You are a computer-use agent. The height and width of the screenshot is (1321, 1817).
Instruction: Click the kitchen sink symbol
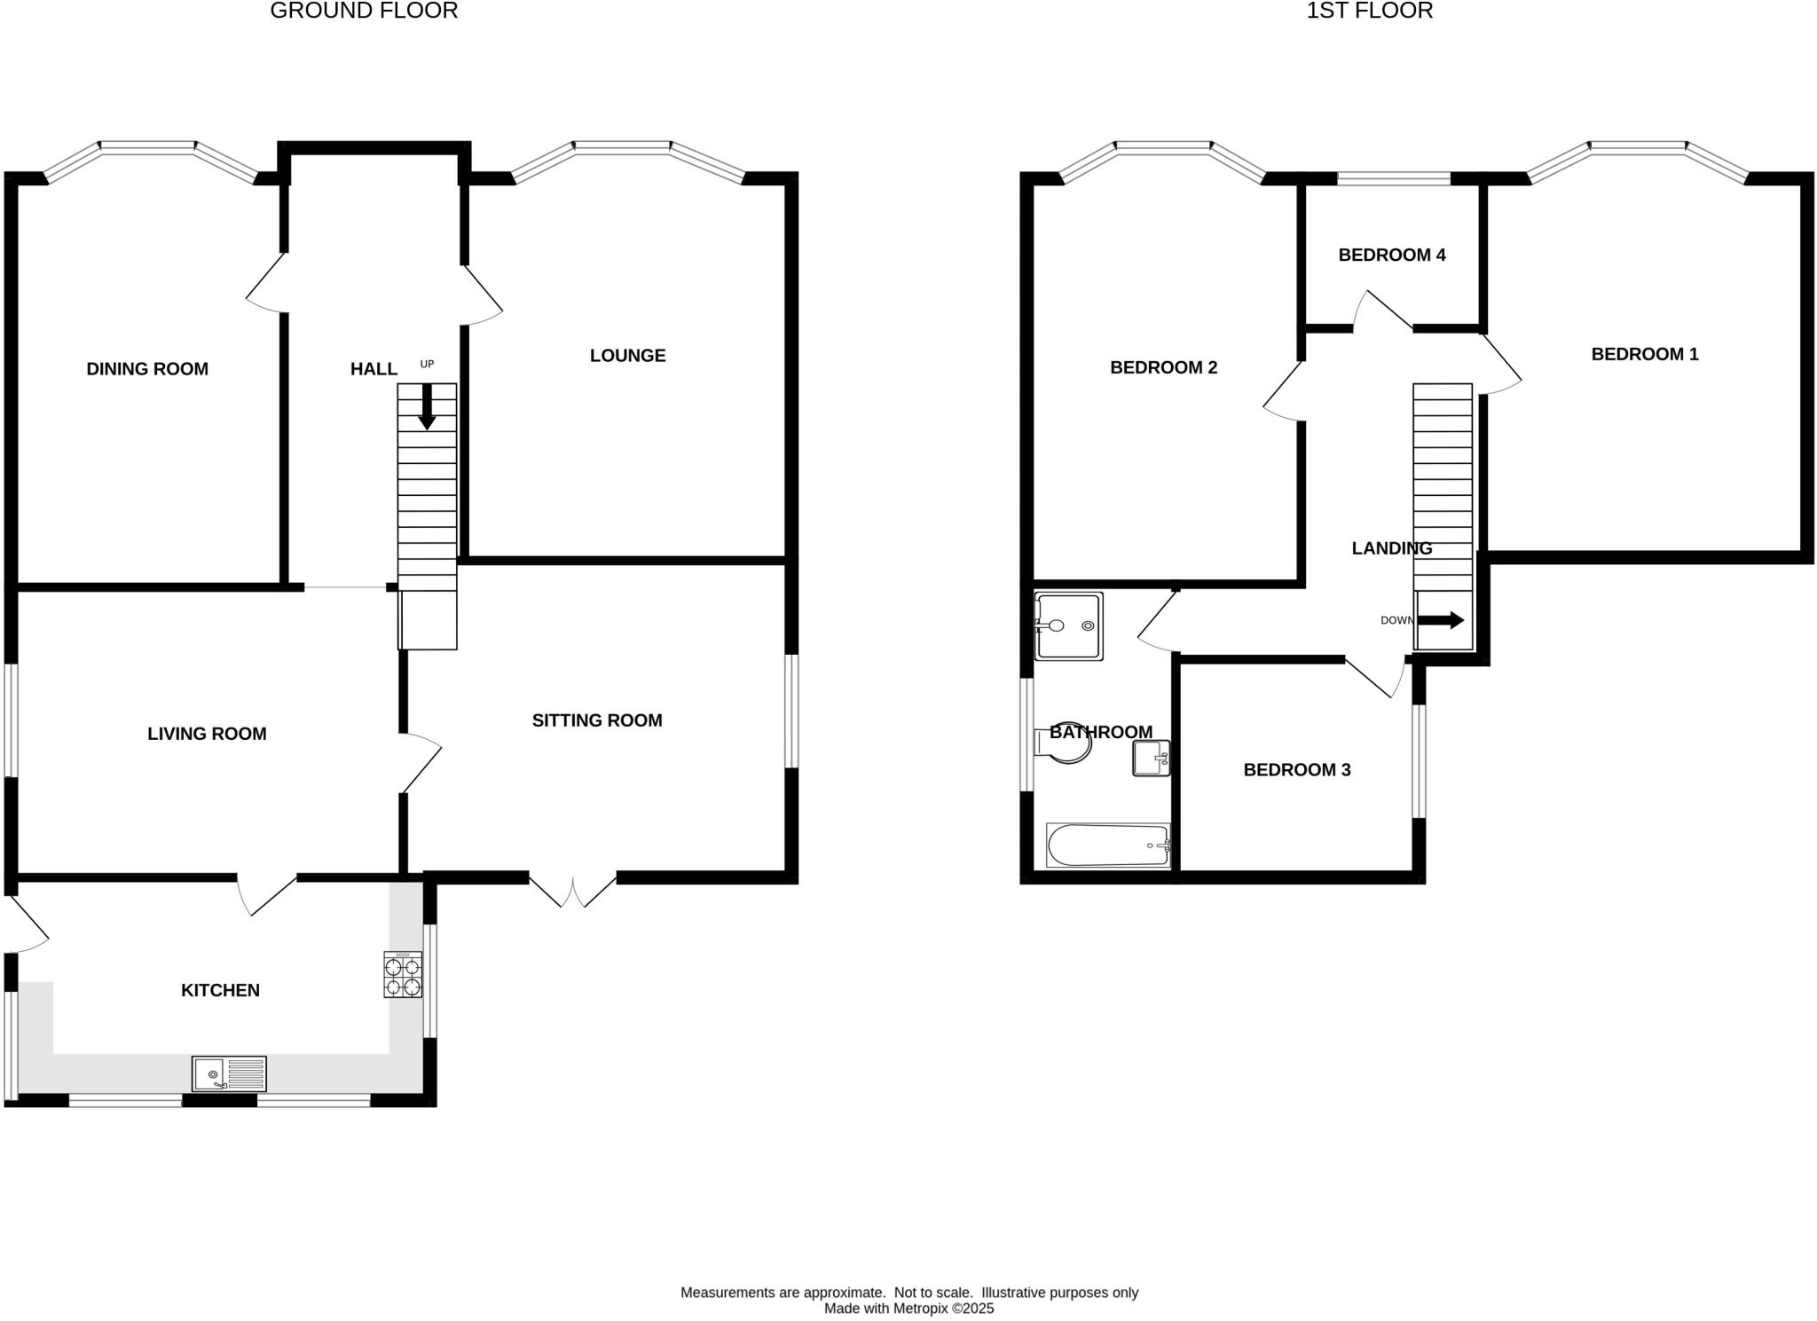tap(229, 1073)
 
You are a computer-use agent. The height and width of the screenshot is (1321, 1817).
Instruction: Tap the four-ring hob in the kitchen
tap(403, 974)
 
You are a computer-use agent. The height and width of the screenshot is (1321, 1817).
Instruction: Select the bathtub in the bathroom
tap(1108, 845)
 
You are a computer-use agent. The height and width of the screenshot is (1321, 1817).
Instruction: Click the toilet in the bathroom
tap(1064, 743)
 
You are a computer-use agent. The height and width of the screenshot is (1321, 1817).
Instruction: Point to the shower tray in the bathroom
tap(1068, 626)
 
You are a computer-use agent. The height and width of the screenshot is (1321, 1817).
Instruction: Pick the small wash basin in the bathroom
tap(1151, 759)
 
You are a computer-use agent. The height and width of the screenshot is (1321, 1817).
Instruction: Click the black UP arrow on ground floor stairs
tap(427, 407)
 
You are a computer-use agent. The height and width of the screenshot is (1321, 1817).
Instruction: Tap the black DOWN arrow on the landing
tap(1440, 620)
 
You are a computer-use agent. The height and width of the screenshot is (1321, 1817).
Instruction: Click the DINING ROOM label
tap(147, 369)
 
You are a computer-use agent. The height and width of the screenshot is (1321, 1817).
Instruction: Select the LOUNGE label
tap(627, 356)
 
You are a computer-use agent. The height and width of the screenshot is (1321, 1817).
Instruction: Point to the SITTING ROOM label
tap(597, 720)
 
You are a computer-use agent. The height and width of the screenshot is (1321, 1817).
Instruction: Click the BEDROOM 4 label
tap(1391, 256)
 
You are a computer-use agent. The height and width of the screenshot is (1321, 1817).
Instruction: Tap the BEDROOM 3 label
tap(1296, 770)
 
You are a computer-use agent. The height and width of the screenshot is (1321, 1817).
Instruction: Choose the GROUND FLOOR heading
tap(364, 12)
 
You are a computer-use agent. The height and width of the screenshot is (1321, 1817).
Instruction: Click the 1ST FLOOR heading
tap(1369, 12)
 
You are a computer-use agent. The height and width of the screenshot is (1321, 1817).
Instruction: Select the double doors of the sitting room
tap(573, 890)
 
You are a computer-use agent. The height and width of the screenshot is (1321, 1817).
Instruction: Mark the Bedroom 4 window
tap(1393, 179)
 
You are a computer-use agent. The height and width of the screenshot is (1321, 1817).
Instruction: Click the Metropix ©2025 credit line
tap(908, 1309)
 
